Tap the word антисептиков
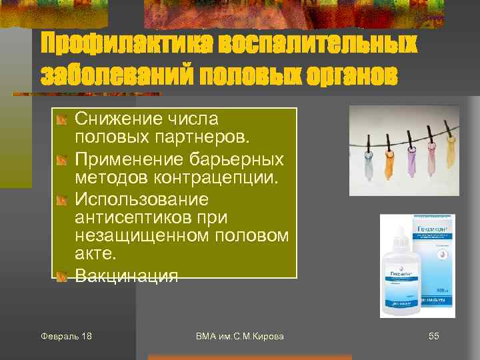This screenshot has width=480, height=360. click(142, 217)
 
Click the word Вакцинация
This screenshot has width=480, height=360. click(127, 275)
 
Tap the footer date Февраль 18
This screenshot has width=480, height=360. click(66, 336)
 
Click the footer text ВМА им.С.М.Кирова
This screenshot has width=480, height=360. click(240, 336)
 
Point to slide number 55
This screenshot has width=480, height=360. click(433, 336)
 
